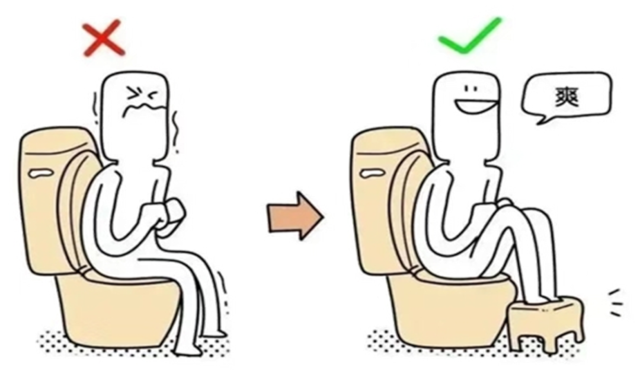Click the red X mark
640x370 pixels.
tap(104, 38)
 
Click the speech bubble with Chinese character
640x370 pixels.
tap(567, 97)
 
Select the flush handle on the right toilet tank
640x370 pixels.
tap(373, 174)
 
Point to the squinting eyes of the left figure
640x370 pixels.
tap(141, 94)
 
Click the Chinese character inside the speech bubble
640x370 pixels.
tap(567, 98)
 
